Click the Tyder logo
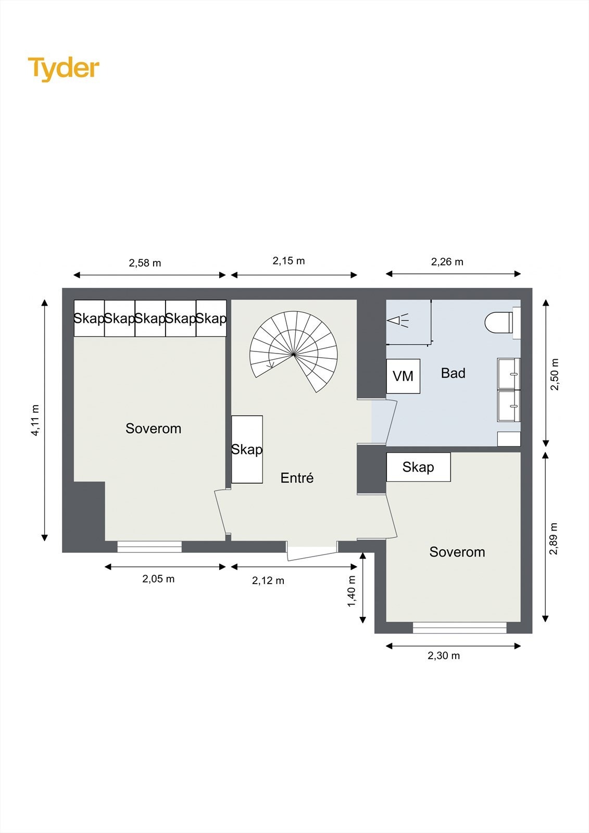[64, 69]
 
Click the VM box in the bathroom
[403, 376]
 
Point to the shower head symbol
[398, 320]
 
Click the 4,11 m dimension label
[35, 420]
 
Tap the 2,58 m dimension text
[145, 263]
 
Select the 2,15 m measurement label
[289, 261]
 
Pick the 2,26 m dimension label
[447, 262]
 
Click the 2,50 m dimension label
[555, 374]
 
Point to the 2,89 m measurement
[554, 538]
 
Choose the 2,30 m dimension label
[444, 655]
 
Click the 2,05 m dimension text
[158, 578]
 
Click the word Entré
[297, 477]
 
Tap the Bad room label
[453, 373]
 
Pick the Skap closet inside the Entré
[247, 449]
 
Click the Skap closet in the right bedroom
[418, 466]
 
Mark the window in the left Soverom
[149, 546]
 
